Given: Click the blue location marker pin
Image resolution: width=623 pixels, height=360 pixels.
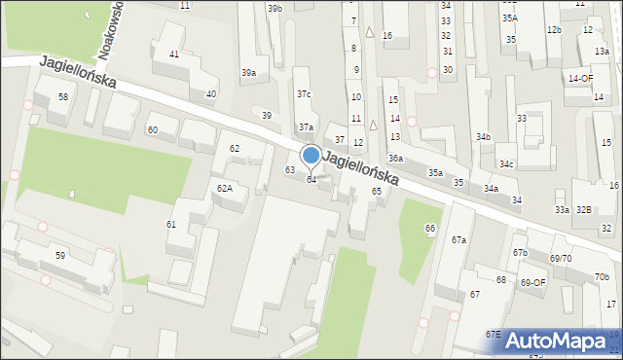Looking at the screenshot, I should coord(311,156).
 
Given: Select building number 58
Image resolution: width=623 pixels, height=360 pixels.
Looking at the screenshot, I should coord(62,97).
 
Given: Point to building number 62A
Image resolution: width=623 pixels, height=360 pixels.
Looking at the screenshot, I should coord(224,188).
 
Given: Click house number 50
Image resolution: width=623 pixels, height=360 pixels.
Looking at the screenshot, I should coord(60,255).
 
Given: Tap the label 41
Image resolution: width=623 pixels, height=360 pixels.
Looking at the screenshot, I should coord(174,54).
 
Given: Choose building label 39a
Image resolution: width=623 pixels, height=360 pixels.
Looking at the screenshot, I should coord(249,73).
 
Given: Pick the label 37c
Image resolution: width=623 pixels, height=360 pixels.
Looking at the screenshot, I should coord(304,94).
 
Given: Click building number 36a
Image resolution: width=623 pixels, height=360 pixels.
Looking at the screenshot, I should coord(395,158).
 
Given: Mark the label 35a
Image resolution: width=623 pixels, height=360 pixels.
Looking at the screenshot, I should coord(435,172).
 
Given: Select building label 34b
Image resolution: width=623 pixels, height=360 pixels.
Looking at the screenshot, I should coord(483,137).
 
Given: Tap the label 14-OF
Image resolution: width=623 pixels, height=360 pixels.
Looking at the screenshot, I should coord(581,78).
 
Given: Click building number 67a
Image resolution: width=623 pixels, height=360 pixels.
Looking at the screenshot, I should coord(458,239).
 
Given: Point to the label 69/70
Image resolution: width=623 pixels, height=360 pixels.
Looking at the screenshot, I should coord(560,258).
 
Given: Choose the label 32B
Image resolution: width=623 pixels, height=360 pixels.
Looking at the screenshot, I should coord(583,210).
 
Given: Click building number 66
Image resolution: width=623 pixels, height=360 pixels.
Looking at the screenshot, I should coord(429,228).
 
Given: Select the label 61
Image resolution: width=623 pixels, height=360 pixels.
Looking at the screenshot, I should coord(171,225).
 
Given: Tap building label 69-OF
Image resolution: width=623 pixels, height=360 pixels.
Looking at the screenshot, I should coord(533,282).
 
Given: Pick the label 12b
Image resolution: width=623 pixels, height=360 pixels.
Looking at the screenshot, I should coord(554,30).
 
